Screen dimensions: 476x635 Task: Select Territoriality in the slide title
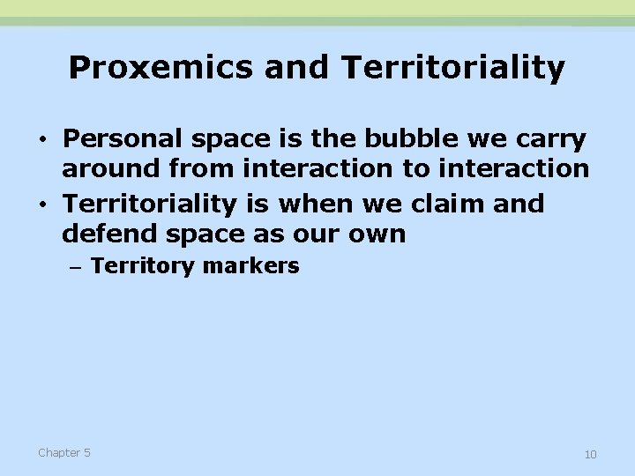click(x=452, y=68)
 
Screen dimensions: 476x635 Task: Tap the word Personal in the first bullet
click(x=119, y=139)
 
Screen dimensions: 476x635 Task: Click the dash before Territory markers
click(x=75, y=267)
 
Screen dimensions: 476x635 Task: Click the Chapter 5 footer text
click(x=63, y=452)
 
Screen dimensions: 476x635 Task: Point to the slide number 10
click(x=590, y=454)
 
